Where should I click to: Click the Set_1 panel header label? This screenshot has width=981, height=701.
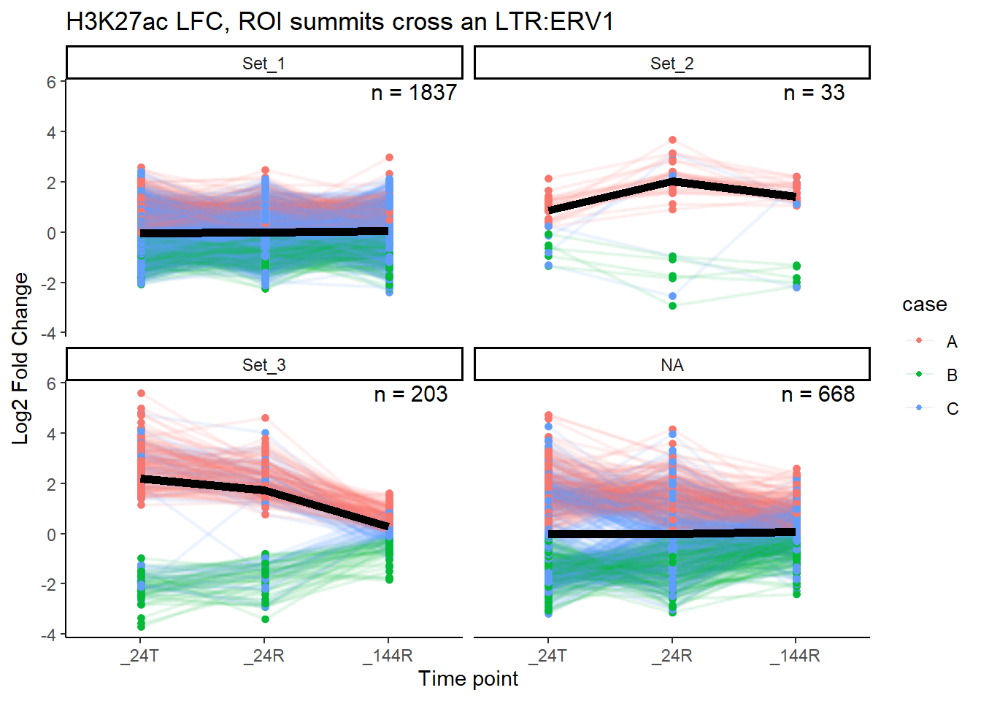[263, 64]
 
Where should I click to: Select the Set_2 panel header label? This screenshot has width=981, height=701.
[672, 64]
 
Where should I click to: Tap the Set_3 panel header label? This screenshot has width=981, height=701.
[263, 365]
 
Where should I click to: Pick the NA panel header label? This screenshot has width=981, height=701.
[672, 365]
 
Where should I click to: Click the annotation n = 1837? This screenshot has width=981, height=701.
[414, 93]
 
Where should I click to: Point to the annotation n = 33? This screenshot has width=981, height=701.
[814, 93]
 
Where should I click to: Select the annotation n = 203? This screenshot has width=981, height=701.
[411, 394]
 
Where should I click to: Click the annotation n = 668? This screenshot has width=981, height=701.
[817, 394]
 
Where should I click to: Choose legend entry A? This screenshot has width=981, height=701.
[951, 341]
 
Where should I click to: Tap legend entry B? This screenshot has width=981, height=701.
[951, 375]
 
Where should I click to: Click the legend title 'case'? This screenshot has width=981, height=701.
[924, 304]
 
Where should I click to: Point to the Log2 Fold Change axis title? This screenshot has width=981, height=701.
[20, 358]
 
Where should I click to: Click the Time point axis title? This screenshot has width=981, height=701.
[468, 678]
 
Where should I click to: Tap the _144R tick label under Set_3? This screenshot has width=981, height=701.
[388, 656]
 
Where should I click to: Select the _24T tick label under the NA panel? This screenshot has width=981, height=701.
[547, 656]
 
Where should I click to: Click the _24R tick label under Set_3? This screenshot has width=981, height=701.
[264, 656]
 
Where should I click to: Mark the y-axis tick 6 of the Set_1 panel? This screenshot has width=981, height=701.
[51, 83]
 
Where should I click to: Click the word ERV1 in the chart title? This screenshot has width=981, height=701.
[582, 22]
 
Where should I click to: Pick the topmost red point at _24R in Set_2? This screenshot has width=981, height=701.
[672, 139]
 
